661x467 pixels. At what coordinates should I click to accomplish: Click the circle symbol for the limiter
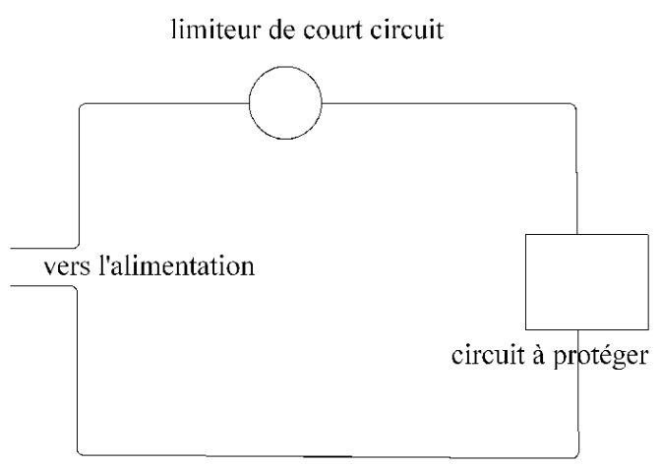(x=285, y=101)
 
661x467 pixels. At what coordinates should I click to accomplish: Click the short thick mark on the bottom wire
(x=330, y=456)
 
